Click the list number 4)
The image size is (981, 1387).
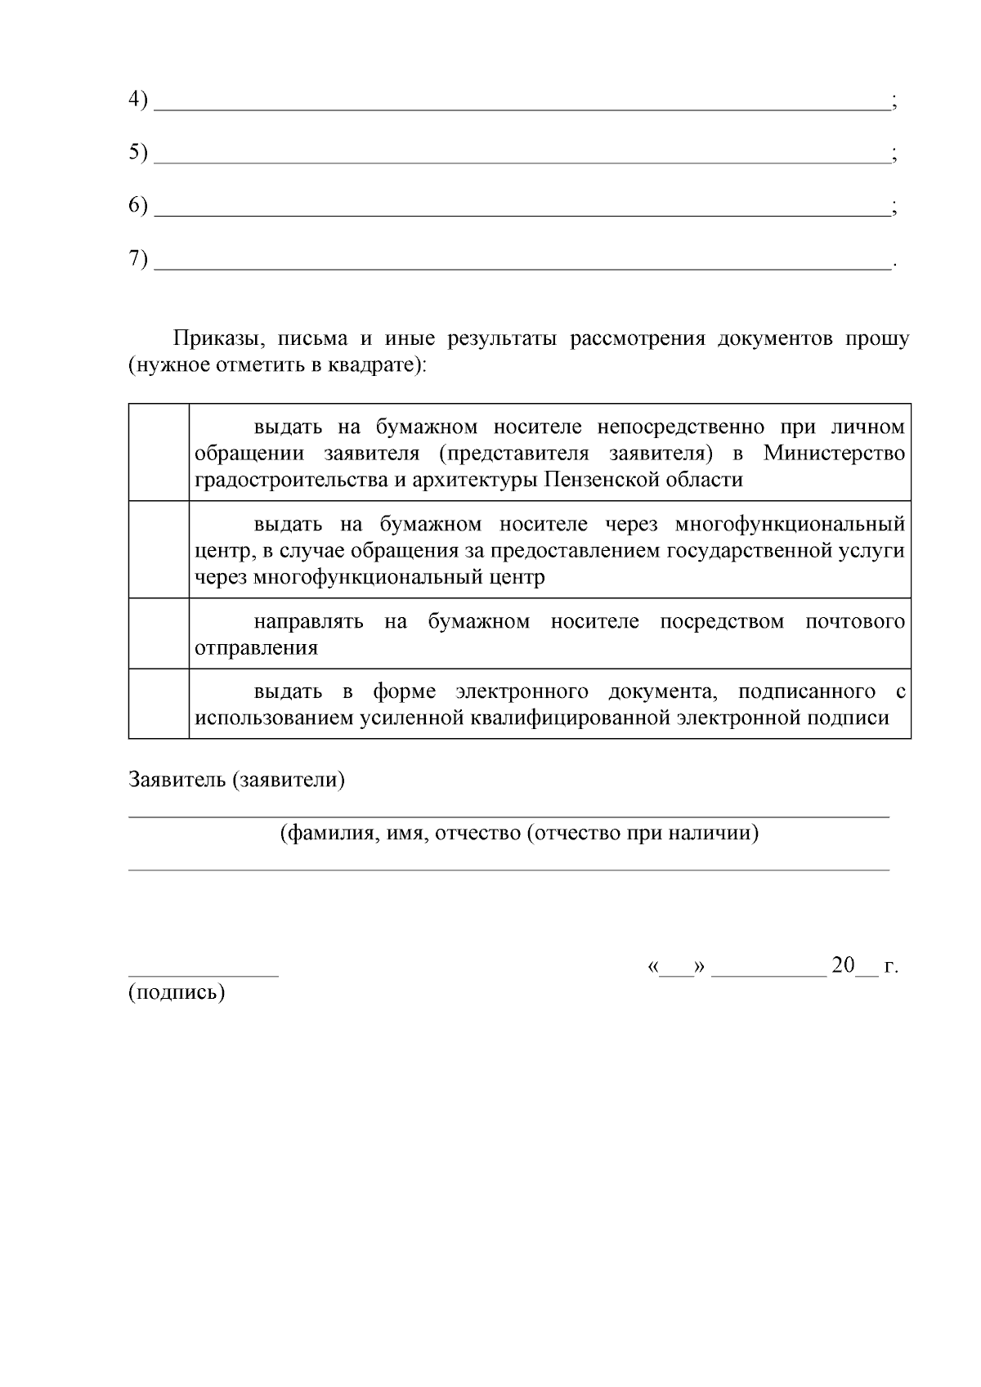137,100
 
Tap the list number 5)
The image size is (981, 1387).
137,153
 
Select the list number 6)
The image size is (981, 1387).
137,206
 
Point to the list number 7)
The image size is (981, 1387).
137,259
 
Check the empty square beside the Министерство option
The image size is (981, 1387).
159,452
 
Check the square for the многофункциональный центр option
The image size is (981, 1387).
159,549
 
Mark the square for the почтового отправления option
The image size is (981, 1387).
159,633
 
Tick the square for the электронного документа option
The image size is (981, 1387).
159,704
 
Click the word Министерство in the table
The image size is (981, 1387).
835,453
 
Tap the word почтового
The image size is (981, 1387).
855,622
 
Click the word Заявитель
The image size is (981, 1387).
177,780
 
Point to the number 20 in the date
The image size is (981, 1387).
842,965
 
